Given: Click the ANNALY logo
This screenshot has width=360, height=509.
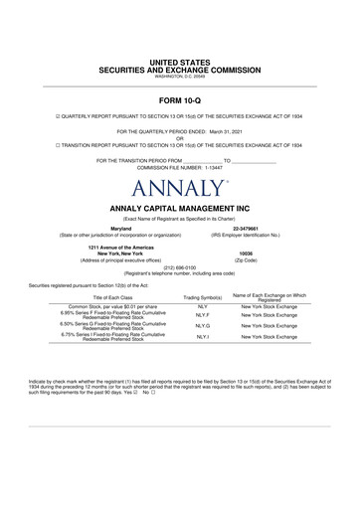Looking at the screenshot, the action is click(179, 187).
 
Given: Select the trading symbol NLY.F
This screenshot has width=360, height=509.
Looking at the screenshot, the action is click(202, 315).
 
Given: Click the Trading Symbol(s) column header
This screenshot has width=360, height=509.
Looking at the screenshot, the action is click(202, 297).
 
